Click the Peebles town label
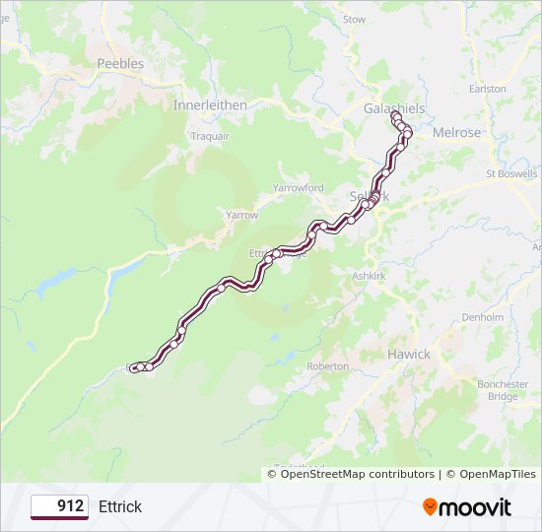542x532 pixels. coord(120,63)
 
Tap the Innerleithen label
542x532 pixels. coord(210,104)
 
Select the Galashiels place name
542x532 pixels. coord(393,106)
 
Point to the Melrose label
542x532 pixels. coord(456,132)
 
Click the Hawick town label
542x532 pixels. coord(408,354)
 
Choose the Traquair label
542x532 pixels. coord(210,135)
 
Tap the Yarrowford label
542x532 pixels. coord(298,187)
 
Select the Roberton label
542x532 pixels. coord(328,366)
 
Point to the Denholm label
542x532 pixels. coord(483,317)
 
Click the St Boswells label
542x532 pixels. coord(512,174)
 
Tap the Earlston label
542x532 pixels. coord(488,89)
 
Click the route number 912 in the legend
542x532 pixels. coord(70,506)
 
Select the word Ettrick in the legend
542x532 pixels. coord(120,506)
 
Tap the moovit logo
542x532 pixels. coord(467,506)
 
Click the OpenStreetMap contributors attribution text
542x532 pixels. coord(357,474)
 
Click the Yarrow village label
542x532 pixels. coord(241,215)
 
